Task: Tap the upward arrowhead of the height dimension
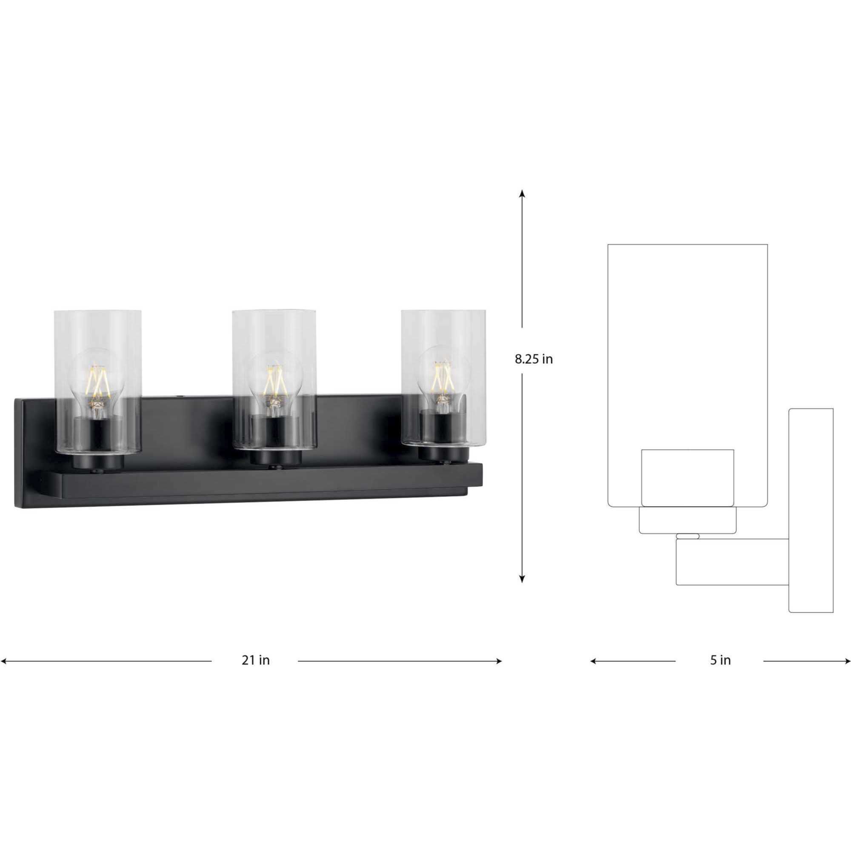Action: point(522,193)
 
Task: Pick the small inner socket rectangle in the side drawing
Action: point(688,477)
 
